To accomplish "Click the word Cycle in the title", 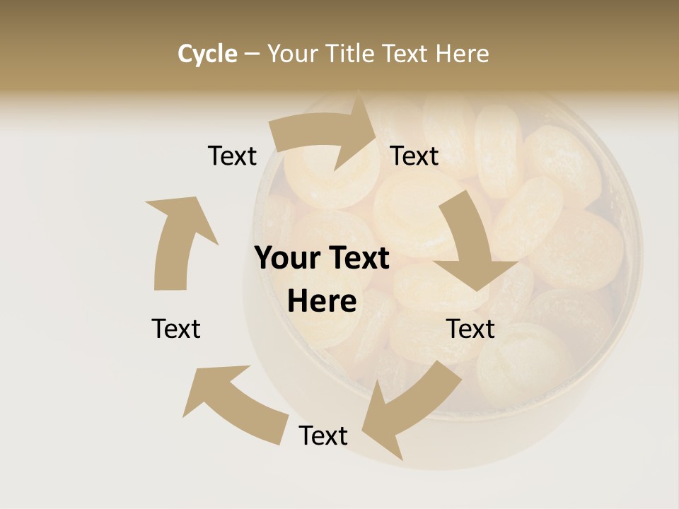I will pos(207,54).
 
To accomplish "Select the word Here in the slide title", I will pos(461,54).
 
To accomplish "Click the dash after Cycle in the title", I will pos(252,54).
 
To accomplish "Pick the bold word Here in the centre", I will pos(322,302).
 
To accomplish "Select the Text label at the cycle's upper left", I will pos(232,156).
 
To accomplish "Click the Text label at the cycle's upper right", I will pos(414,156).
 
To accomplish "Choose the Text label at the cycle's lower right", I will pos(470,329).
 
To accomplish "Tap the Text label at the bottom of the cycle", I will pos(323,435).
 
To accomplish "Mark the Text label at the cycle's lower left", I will pos(176,329).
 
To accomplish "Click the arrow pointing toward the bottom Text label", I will pos(410,403).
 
